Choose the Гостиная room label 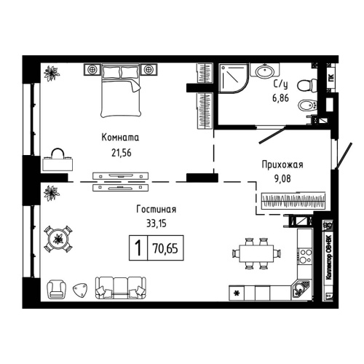point(157,210)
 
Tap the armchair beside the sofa point(57,290)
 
